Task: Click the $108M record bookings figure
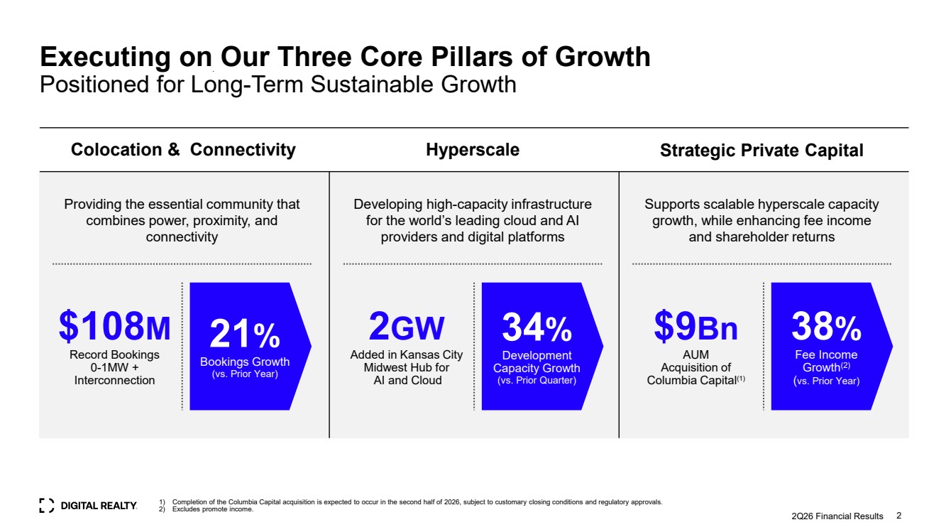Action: coord(114,326)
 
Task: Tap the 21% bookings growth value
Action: coord(245,334)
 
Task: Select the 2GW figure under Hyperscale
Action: coord(406,326)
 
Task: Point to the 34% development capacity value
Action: coord(537,327)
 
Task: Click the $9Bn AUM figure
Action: coord(695,326)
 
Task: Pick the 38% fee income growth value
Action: coord(827,326)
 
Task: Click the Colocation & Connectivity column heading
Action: coord(183,150)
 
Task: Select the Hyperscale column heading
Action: coord(473,150)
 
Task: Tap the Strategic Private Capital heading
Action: coord(761,150)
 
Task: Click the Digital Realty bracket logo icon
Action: coord(46,506)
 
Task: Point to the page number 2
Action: coord(898,516)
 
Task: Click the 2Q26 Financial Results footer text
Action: coord(837,516)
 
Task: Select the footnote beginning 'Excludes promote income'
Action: coord(212,509)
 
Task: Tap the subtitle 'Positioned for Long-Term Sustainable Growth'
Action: coord(278,85)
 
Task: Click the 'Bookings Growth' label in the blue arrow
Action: coord(245,362)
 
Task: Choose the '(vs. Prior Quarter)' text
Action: coord(537,380)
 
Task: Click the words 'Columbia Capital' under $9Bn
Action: coord(692,380)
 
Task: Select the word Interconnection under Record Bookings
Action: coord(114,380)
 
